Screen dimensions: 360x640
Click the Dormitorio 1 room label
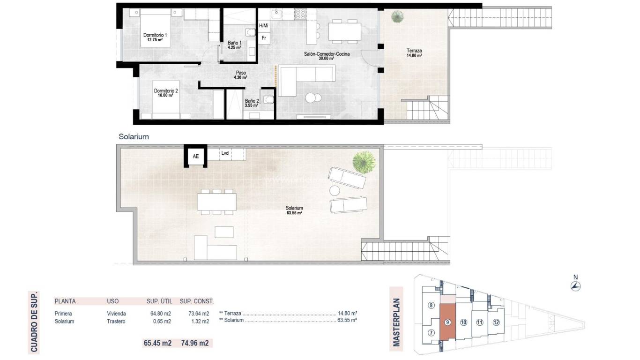pos(155,35)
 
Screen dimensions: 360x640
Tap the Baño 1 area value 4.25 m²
pos(234,48)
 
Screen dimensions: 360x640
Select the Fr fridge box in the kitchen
pos(264,38)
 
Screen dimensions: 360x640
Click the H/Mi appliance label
pos(264,25)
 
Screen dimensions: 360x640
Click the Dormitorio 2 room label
pos(165,91)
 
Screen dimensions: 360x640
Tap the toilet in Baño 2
pos(268,99)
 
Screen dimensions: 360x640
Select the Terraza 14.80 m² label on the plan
pos(414,52)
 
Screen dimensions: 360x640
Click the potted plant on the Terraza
pos(397,17)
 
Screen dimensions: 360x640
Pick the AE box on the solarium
pos(196,157)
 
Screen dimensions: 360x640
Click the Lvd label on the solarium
pos(225,153)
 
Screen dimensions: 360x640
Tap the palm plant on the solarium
pos(364,162)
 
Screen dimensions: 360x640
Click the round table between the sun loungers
pos(335,190)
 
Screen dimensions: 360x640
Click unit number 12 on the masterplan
pos(496,322)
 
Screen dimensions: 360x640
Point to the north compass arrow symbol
pos(576,286)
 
